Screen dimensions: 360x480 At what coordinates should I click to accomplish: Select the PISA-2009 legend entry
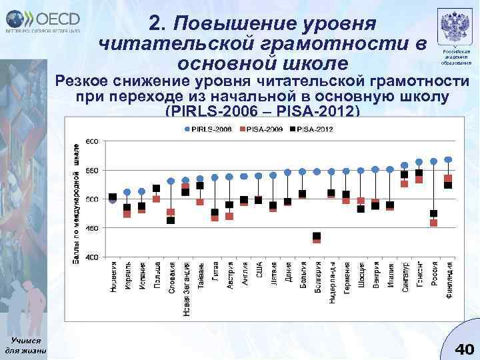pyautogui.click(x=259, y=127)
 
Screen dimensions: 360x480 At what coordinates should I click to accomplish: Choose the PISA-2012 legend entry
pyautogui.click(x=312, y=127)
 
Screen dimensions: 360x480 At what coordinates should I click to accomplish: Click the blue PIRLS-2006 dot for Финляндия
pyautogui.click(x=449, y=160)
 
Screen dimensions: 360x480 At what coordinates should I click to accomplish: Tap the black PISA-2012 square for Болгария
pyautogui.click(x=317, y=236)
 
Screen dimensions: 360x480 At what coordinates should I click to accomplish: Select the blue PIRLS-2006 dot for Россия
pyautogui.click(x=434, y=161)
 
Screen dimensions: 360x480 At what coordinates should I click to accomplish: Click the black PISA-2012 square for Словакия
pyautogui.click(x=171, y=220)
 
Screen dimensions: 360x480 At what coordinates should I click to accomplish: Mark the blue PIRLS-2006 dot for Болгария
pyautogui.click(x=317, y=171)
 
